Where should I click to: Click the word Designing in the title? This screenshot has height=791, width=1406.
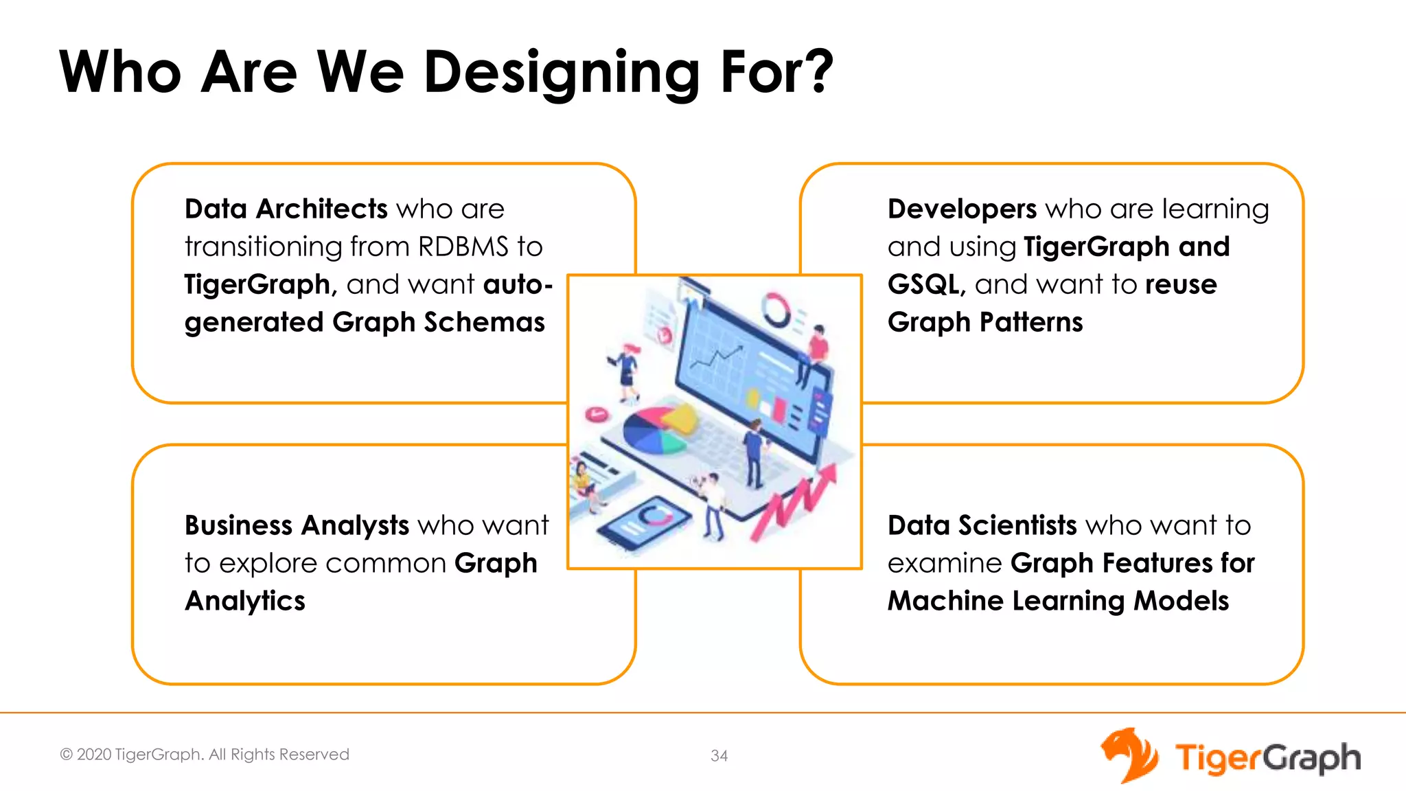(x=561, y=72)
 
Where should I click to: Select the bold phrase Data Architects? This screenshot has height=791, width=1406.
(x=286, y=209)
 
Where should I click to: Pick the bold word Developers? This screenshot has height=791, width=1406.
(x=962, y=209)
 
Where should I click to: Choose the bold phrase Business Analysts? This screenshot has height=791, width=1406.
(x=297, y=525)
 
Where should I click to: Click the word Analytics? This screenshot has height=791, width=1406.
(x=245, y=601)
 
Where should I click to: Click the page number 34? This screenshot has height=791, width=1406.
(x=719, y=755)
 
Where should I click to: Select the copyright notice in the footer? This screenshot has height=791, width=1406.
(x=205, y=754)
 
